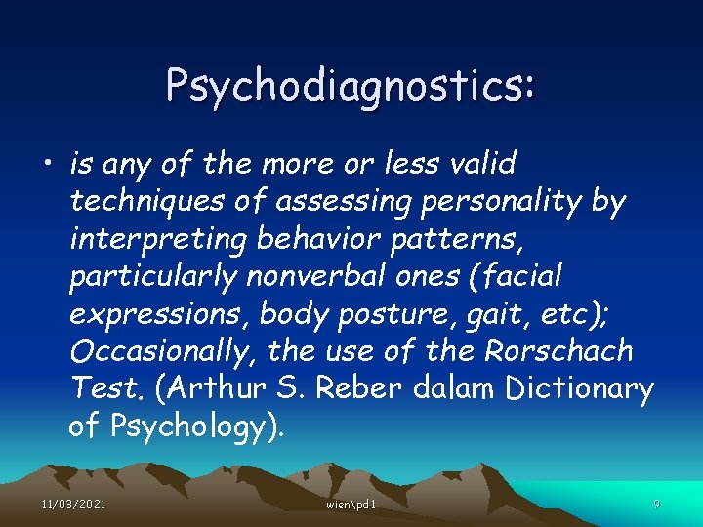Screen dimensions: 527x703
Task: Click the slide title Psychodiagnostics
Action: pyautogui.click(x=351, y=85)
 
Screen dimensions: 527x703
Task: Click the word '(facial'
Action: pyautogui.click(x=516, y=276)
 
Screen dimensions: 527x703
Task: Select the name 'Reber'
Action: pyautogui.click(x=352, y=388)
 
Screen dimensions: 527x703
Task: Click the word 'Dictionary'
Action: pyautogui.click(x=578, y=388)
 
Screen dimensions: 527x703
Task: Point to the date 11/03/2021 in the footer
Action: pyautogui.click(x=73, y=504)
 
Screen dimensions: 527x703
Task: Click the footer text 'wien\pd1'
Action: pyautogui.click(x=351, y=504)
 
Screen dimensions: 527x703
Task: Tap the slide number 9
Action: pyautogui.click(x=656, y=504)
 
